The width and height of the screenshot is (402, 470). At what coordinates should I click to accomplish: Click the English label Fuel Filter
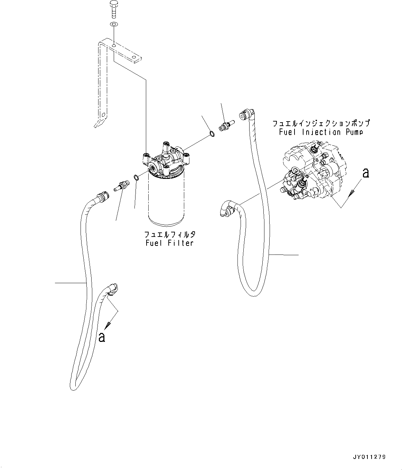169,243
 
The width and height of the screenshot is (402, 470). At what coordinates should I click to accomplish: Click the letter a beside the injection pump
365,173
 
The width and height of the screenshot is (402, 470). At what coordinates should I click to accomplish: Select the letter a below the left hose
101,337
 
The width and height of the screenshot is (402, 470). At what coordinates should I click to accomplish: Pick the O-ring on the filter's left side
136,178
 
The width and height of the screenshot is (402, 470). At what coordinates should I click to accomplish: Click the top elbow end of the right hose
247,114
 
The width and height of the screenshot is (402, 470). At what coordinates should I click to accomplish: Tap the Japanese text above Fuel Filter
170,234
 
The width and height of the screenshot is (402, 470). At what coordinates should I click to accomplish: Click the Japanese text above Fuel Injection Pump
321,123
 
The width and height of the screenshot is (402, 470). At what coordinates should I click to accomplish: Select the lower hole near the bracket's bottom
103,115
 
